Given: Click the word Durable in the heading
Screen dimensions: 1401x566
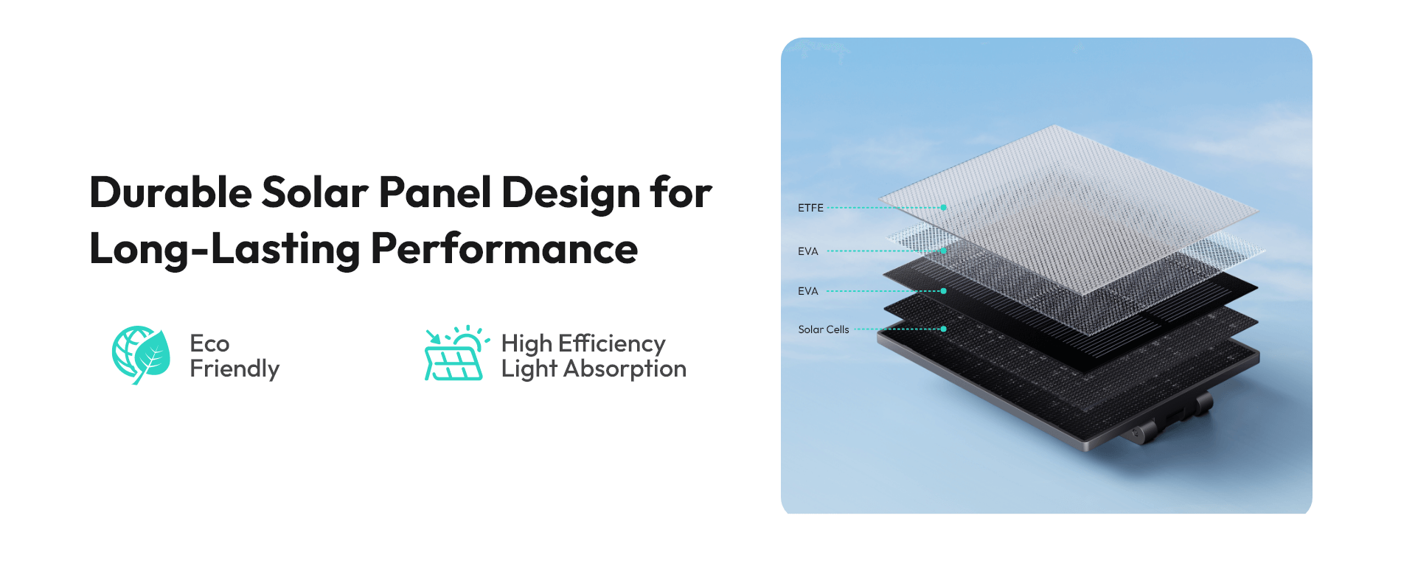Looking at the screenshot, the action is (171, 193).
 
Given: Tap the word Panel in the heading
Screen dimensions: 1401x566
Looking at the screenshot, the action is (435, 193).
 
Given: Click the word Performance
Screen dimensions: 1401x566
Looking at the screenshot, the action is (504, 248).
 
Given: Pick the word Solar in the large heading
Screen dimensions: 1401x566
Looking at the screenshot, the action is (316, 193).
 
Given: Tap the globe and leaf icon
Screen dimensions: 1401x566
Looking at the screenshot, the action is (141, 355).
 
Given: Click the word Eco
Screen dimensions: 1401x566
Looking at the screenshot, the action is (209, 343).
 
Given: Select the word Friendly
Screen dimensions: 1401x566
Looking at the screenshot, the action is (234, 369).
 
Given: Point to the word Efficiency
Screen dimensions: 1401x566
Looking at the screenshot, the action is (612, 344).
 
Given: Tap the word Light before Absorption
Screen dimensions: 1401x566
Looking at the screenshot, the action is (529, 369).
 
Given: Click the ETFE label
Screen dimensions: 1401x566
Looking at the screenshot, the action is (810, 208).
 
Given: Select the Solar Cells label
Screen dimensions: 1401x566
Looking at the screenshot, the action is (824, 329).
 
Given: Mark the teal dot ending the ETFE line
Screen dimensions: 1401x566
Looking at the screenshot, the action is (944, 208).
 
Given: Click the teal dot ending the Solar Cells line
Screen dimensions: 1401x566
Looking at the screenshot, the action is (944, 329).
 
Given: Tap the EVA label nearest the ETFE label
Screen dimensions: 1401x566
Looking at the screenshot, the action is (808, 251).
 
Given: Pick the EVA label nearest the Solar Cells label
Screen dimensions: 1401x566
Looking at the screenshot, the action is (808, 291).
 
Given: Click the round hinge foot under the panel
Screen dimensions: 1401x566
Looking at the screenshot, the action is (1141, 432).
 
